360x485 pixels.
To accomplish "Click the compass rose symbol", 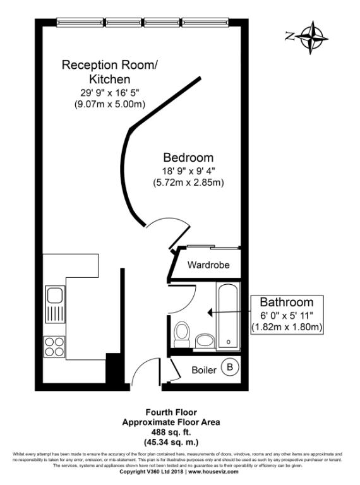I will tap(311, 36).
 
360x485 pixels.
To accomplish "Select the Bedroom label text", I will tap(188, 157).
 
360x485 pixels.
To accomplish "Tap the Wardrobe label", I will tap(208, 265).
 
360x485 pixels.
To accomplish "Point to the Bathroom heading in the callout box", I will tap(286, 302).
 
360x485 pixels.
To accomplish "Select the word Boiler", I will tap(204, 369).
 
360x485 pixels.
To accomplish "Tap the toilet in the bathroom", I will tap(183, 332).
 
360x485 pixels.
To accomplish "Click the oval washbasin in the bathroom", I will tap(205, 341).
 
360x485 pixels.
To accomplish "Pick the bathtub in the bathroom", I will tap(227, 316).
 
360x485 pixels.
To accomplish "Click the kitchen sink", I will tap(54, 304).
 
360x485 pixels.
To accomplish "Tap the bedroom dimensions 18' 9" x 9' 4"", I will tap(188, 171).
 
